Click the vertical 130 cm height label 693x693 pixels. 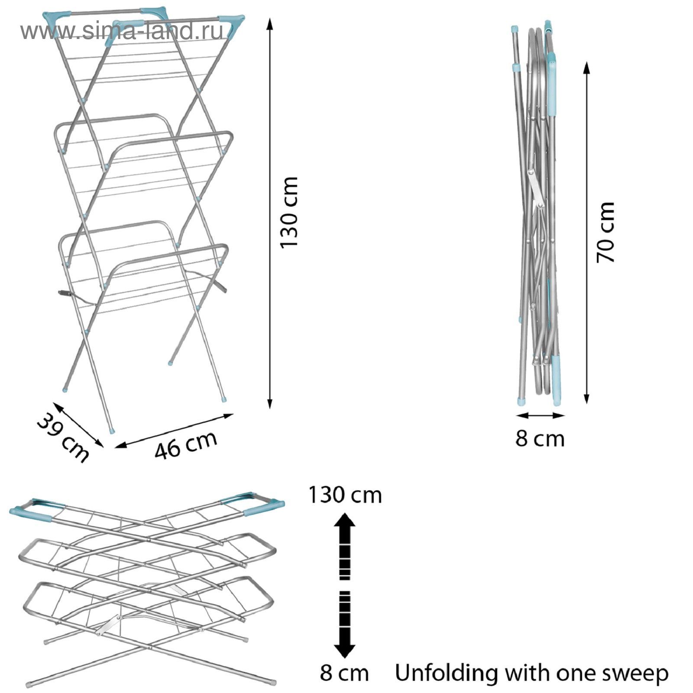click(x=289, y=212)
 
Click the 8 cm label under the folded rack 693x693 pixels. click(x=540, y=439)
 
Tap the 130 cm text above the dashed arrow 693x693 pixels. click(x=345, y=495)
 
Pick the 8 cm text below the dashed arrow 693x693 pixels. click(x=344, y=673)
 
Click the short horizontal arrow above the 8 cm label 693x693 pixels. click(x=541, y=415)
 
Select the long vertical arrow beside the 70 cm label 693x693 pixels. click(x=586, y=232)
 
